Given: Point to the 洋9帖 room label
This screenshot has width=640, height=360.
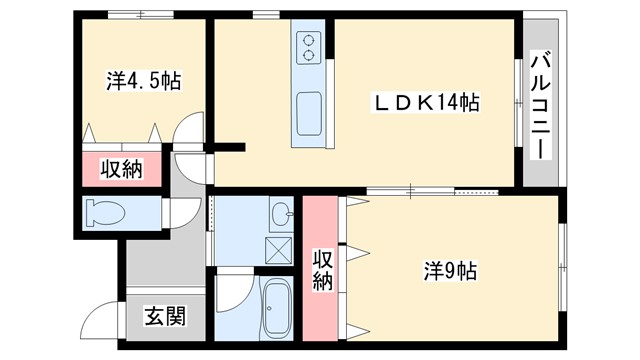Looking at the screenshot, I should coord(449,270).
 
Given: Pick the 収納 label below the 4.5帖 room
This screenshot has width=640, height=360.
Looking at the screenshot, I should coord(121,169).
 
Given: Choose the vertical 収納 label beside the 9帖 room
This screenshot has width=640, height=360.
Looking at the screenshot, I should coord(322,268).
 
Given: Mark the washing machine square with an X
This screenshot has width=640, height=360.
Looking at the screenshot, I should coord(279,247).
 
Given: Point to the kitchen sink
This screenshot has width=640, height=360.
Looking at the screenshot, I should coord(308,108).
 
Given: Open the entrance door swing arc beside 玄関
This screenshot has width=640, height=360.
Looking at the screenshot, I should coord(103,322).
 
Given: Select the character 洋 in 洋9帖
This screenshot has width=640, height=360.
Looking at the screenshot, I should coord(432,270).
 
